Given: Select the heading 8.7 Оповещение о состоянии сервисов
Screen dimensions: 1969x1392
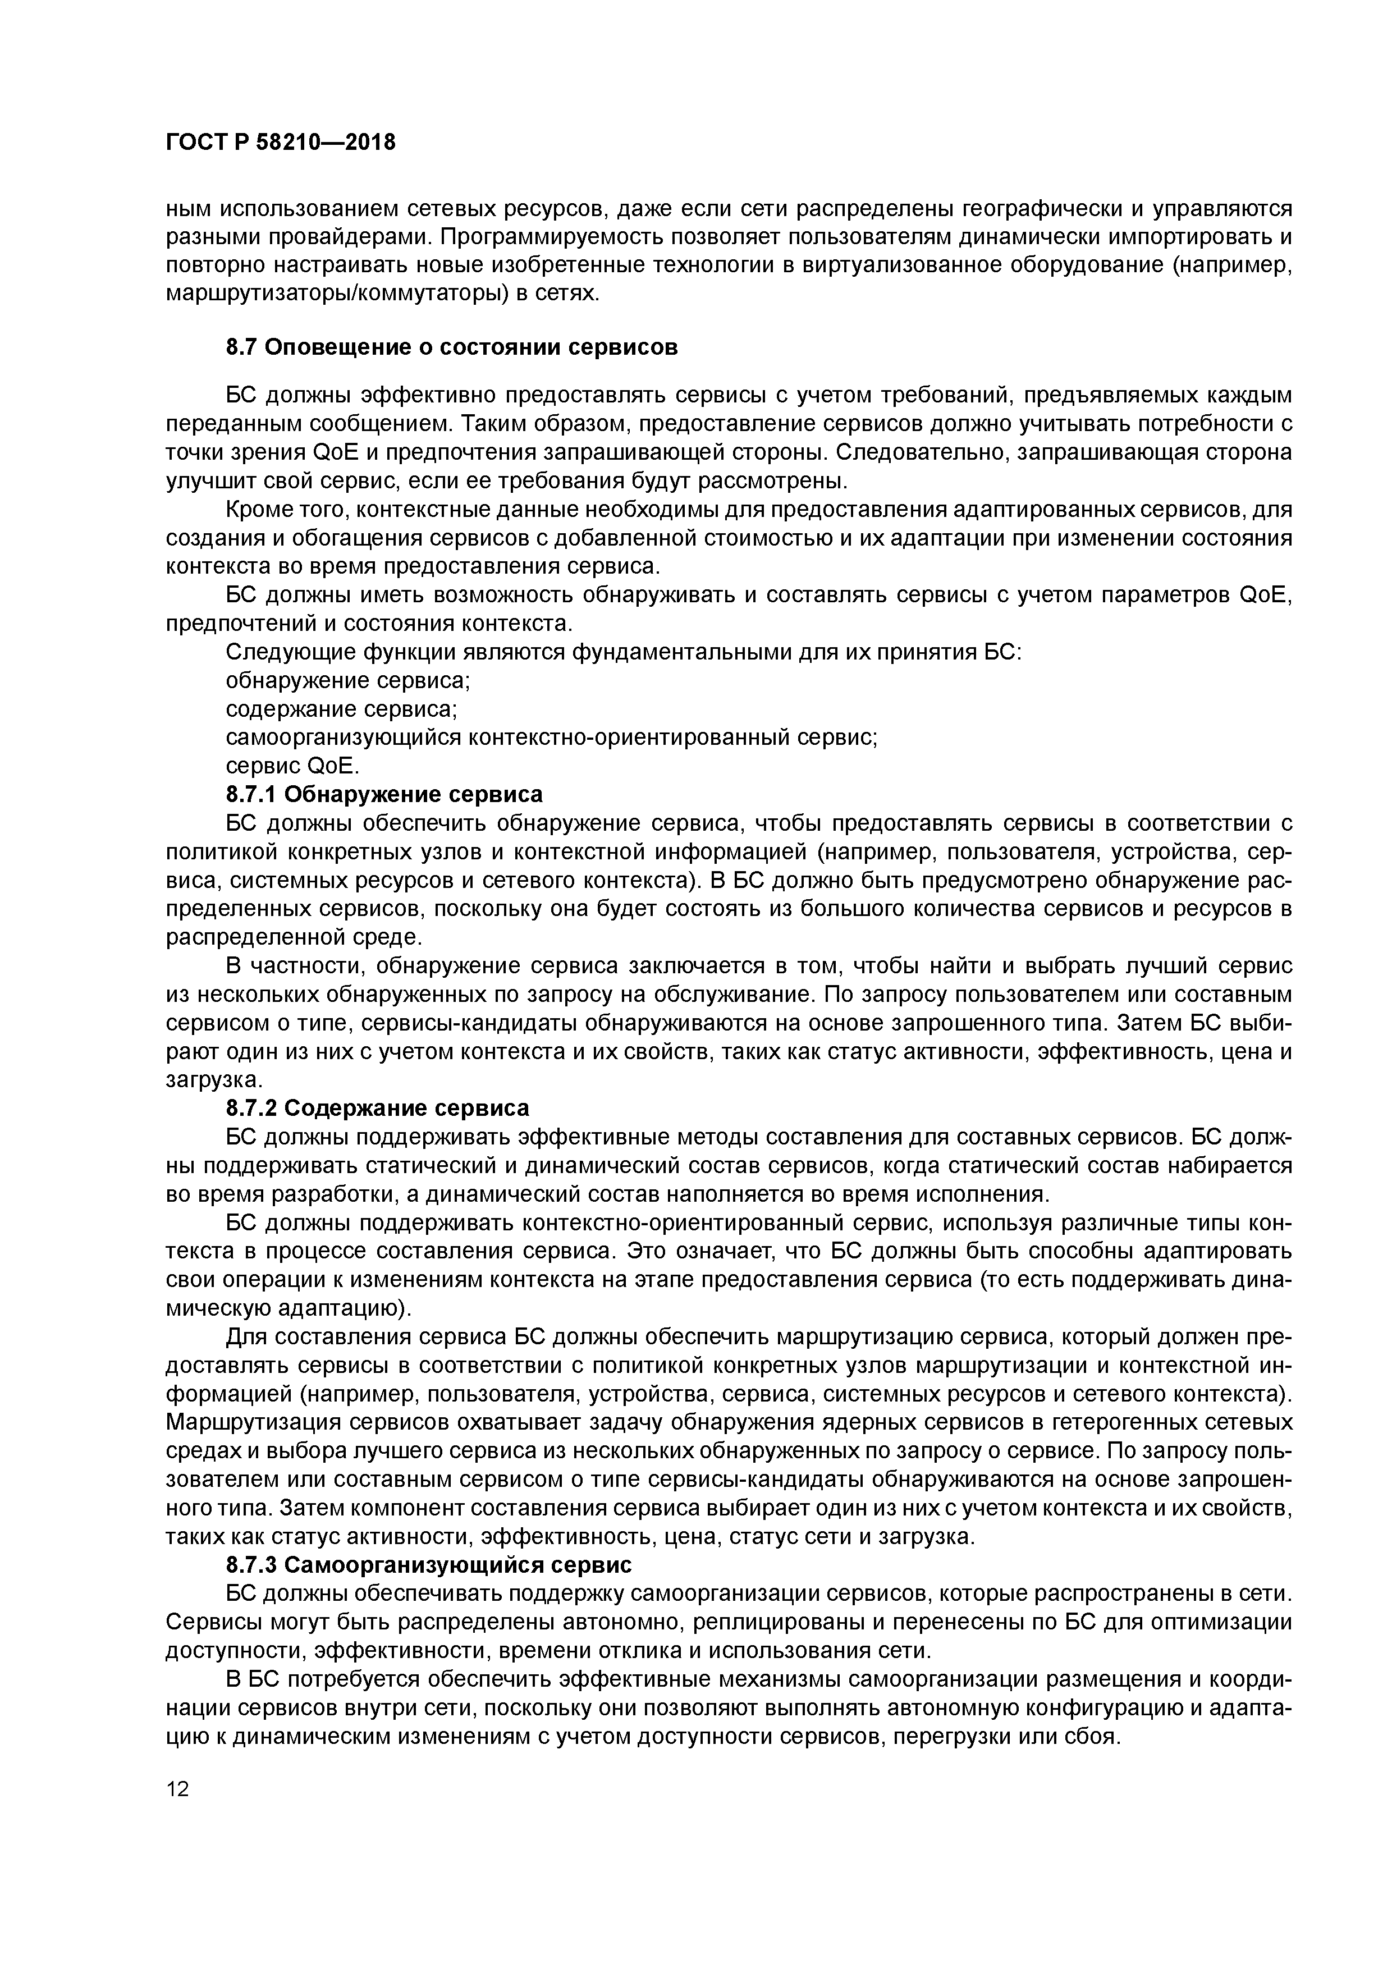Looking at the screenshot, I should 451,347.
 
